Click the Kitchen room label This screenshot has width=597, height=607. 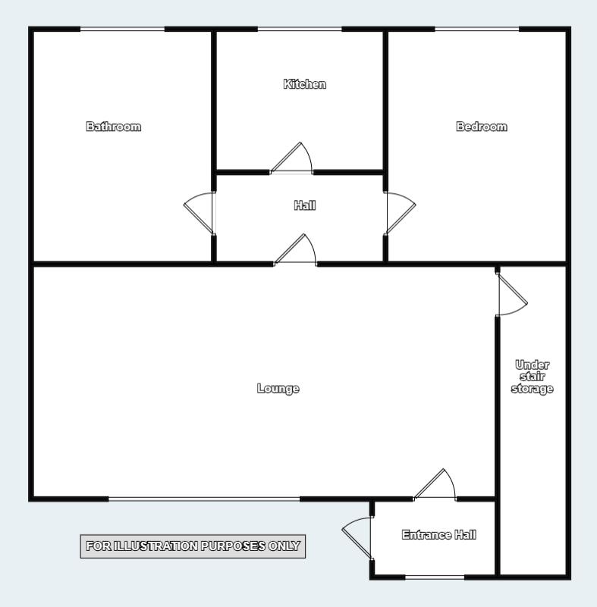point(304,84)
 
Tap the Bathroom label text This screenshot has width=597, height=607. point(114,127)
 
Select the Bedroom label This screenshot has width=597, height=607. point(482,127)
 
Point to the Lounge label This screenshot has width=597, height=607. point(278,388)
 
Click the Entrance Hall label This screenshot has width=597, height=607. point(439,535)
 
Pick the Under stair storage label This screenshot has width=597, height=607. point(533,377)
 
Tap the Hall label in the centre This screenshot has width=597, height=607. point(305,205)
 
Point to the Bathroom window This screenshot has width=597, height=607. point(122,29)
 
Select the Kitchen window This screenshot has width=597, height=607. point(300,29)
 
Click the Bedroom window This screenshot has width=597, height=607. point(477,29)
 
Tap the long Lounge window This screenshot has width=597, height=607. point(204,499)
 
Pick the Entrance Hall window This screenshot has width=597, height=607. point(435,577)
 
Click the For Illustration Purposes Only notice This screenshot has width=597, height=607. point(193,546)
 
